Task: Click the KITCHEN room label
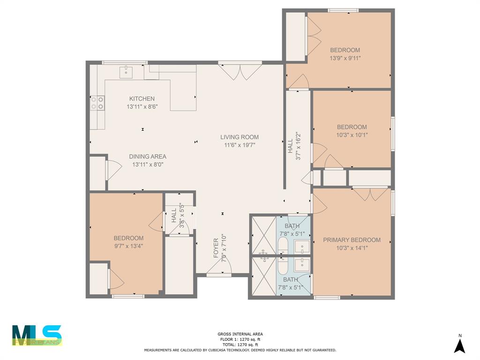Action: pos(142,99)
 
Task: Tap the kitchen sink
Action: pos(126,72)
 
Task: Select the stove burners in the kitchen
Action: pos(97,103)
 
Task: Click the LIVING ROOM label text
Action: pos(240,137)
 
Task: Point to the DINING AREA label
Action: pos(148,157)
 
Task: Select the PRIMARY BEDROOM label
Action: pos(352,240)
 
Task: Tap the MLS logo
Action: pos(37,335)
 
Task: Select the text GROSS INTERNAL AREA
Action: pos(240,334)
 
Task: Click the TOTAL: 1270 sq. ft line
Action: pos(240,345)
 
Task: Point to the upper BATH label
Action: pos(292,226)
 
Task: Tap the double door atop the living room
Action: pos(240,71)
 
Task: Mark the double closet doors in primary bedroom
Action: pos(370,194)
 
